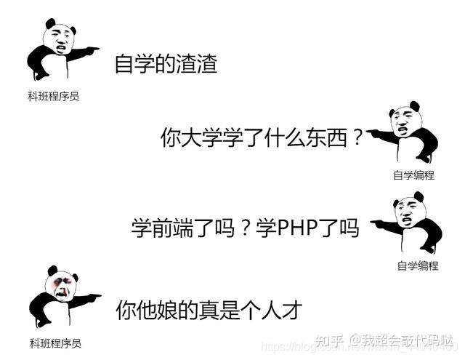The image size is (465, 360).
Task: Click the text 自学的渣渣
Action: pos(166,64)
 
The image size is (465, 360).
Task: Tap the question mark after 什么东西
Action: pos(355,137)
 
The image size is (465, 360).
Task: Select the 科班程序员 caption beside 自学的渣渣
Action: pos(53,95)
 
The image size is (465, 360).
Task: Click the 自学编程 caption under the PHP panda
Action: pos(418,265)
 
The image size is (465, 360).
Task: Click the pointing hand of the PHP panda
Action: pos(376,221)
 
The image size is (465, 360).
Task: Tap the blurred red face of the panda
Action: pos(62,284)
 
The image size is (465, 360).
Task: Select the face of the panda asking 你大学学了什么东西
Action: pos(404,123)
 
